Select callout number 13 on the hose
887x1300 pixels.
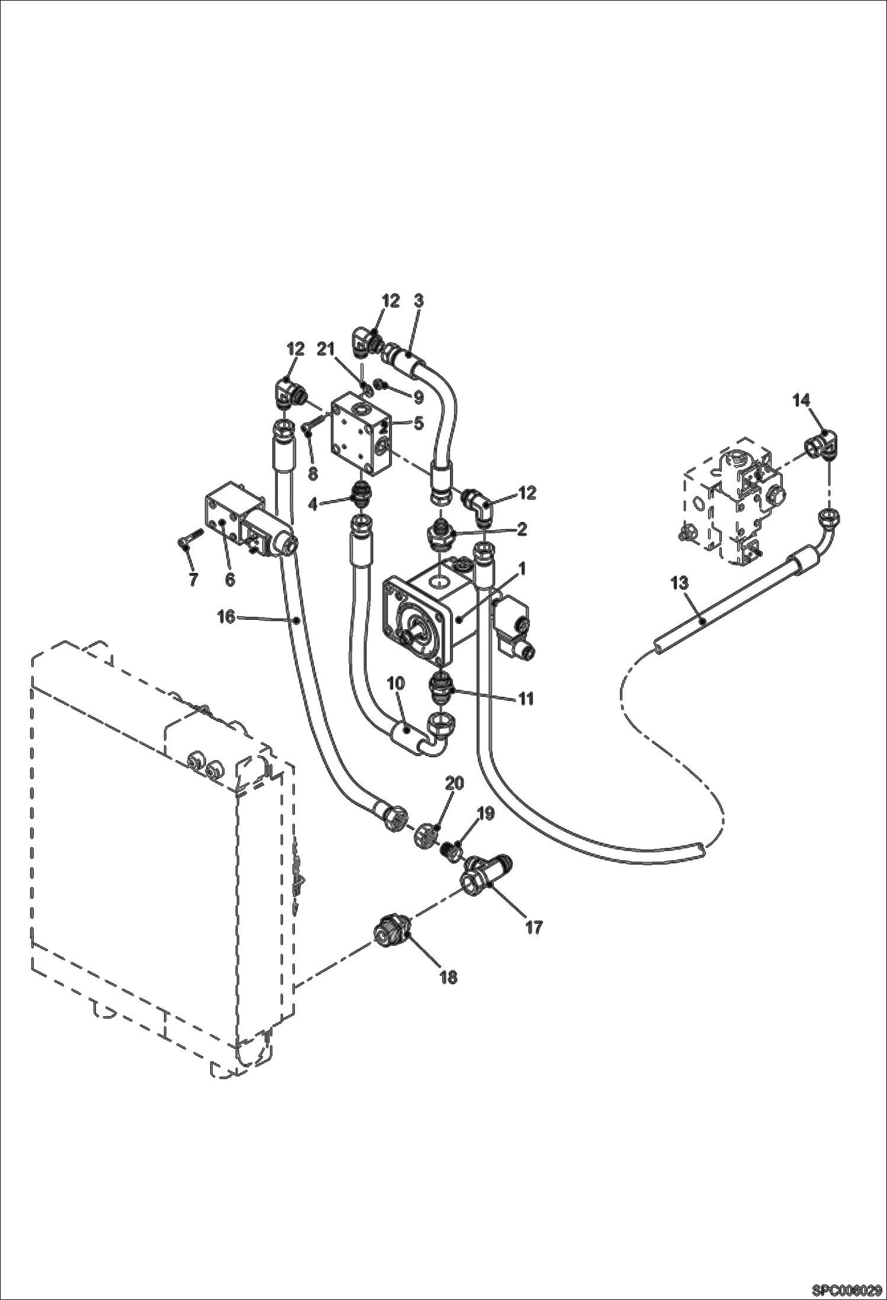tap(679, 583)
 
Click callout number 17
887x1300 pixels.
tap(534, 927)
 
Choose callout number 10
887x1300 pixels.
tap(396, 683)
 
